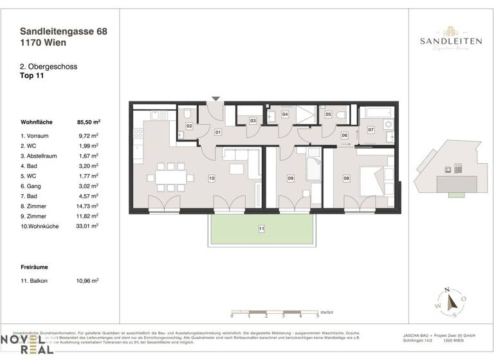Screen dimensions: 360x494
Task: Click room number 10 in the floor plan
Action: coord(211,178)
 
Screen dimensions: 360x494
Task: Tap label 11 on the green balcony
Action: coord(262,228)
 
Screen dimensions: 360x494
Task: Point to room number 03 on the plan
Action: coord(253,120)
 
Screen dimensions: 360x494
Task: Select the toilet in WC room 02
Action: coord(187,113)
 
